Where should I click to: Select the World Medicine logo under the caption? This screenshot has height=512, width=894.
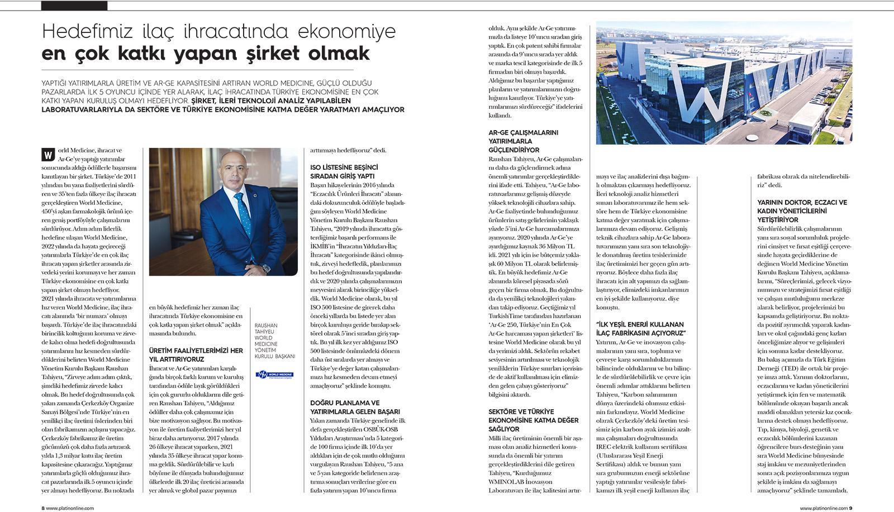(x=274, y=375)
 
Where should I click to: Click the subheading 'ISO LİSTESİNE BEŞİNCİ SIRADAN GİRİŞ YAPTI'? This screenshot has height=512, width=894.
(x=344, y=171)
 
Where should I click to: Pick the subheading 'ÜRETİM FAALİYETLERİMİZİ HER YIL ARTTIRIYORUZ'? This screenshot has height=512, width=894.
(x=196, y=355)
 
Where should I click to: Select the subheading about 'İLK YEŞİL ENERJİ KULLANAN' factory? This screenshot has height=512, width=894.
(x=641, y=328)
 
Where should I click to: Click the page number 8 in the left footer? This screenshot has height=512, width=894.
(x=44, y=508)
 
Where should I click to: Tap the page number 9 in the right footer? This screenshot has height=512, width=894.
(x=850, y=508)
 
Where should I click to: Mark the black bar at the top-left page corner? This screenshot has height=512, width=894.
(x=74, y=6)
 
